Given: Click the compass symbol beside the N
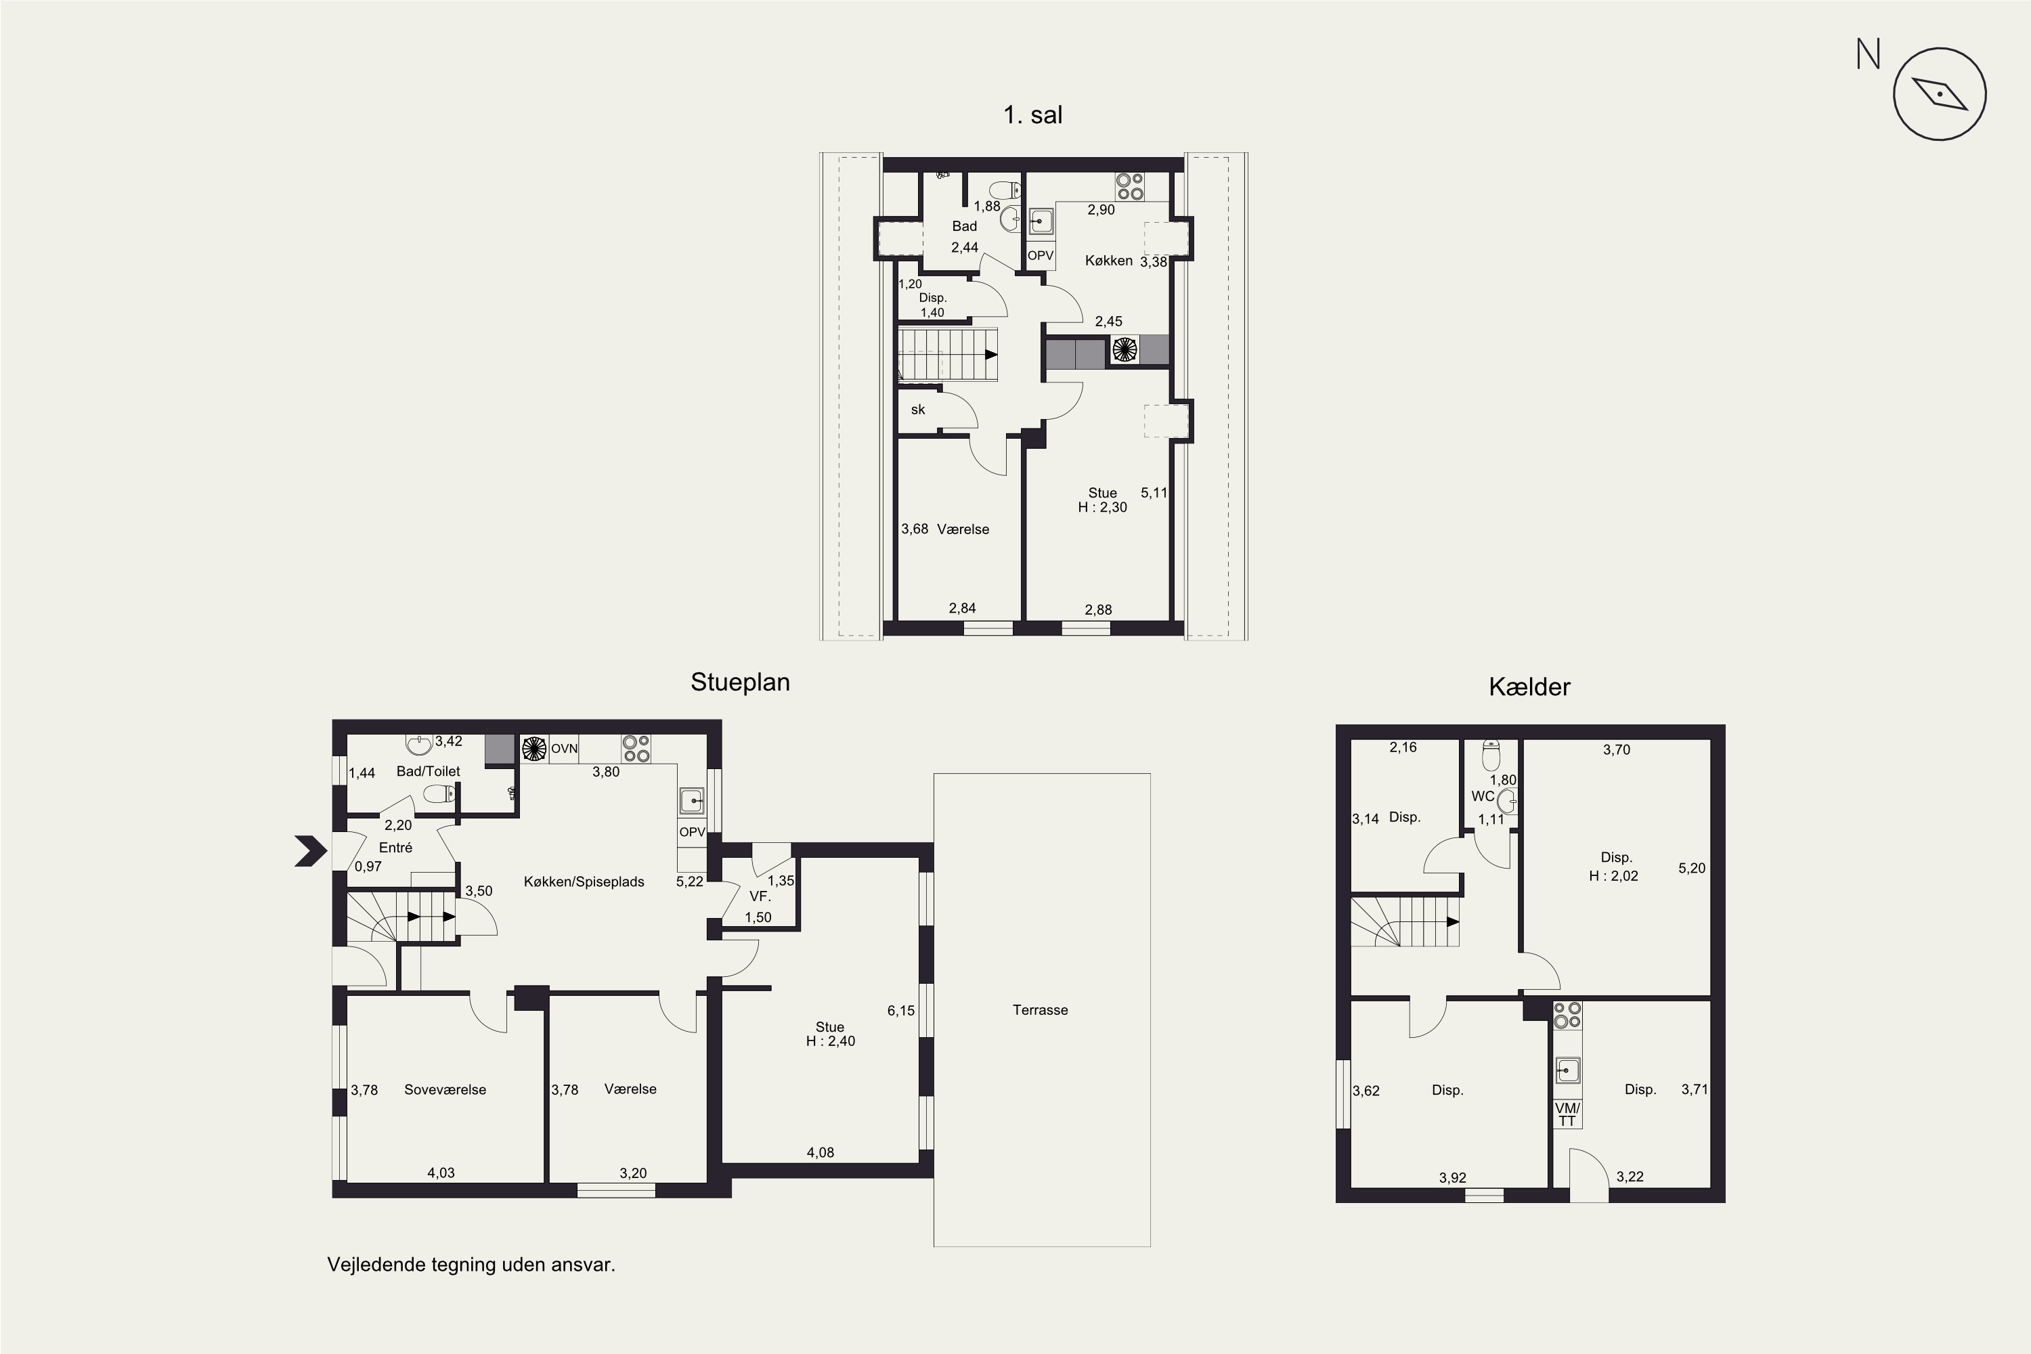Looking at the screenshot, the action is coord(1940,94).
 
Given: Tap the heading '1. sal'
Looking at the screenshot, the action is coord(1033,115).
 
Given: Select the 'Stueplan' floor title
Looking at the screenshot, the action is coord(740,682).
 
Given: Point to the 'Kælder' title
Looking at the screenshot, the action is coord(1529,686).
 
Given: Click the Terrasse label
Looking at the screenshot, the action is coord(1041,1009).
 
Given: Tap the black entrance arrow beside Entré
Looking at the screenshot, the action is coord(311,850).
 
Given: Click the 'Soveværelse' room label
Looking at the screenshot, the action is coord(445,1090).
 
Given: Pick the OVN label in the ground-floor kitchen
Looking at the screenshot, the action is coord(564,749).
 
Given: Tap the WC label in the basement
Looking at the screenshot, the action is coord(1483,796).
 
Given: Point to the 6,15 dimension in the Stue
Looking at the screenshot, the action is coord(900,1010).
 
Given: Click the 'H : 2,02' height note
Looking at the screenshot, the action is coord(1613,875).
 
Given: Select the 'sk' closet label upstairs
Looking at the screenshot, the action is coord(918,410).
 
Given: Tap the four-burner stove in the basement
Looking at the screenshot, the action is coord(1567,1016).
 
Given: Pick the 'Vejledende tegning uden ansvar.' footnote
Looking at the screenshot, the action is coord(471,1265).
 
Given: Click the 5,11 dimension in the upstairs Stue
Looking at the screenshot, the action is coord(1154,493).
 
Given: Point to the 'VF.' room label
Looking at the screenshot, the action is coord(760,896).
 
